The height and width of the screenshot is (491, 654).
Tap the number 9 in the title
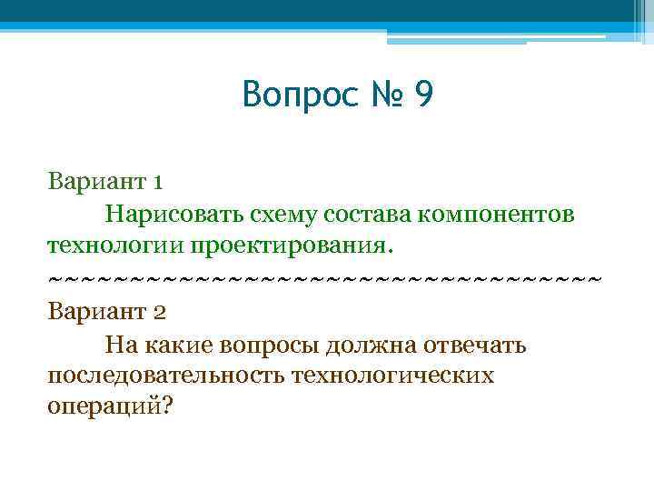(x=423, y=94)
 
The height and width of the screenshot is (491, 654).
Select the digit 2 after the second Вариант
(x=159, y=312)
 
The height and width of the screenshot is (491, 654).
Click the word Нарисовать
(x=173, y=214)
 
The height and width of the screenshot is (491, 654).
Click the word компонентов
(x=496, y=215)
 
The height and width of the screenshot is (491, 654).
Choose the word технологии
(x=117, y=245)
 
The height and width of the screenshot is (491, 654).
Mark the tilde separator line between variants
(x=324, y=278)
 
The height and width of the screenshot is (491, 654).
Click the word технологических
(x=392, y=376)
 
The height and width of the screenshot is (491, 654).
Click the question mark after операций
(x=164, y=406)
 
